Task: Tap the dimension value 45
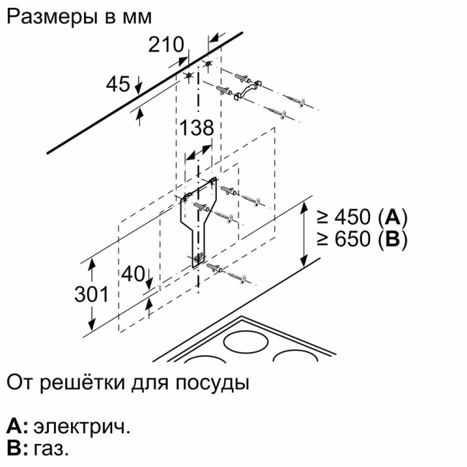118,84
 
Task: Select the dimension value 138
197,129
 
